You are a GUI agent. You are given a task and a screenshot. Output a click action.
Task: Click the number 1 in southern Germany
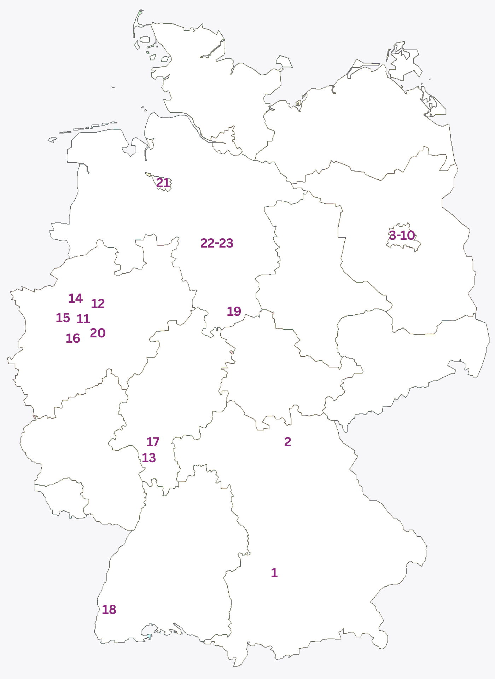(x=274, y=573)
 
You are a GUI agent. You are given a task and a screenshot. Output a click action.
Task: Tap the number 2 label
(x=287, y=442)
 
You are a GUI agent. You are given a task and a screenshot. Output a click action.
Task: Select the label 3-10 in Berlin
(x=402, y=235)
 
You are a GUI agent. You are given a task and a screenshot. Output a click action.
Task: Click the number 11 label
(x=83, y=319)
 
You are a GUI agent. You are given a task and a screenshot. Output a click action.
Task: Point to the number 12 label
(x=98, y=303)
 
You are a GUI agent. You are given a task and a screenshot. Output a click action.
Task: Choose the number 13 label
(x=149, y=458)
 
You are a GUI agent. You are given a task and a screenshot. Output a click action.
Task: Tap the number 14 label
(x=75, y=298)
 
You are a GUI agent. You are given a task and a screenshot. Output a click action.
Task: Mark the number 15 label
(x=63, y=318)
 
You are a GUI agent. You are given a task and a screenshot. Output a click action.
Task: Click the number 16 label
(x=73, y=338)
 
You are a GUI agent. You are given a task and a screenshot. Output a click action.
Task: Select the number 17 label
(x=153, y=442)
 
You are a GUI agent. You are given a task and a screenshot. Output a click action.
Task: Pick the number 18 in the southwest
(x=109, y=609)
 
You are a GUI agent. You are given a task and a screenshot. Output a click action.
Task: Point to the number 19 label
(x=234, y=311)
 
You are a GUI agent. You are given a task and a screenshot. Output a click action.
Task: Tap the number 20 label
(x=98, y=333)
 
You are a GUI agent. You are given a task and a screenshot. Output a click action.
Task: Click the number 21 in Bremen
(x=163, y=183)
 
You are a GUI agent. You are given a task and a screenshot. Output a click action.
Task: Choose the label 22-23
(x=217, y=243)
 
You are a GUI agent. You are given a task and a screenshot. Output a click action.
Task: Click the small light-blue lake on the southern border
(x=149, y=636)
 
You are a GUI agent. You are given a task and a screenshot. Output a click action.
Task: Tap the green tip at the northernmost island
(x=140, y=13)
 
